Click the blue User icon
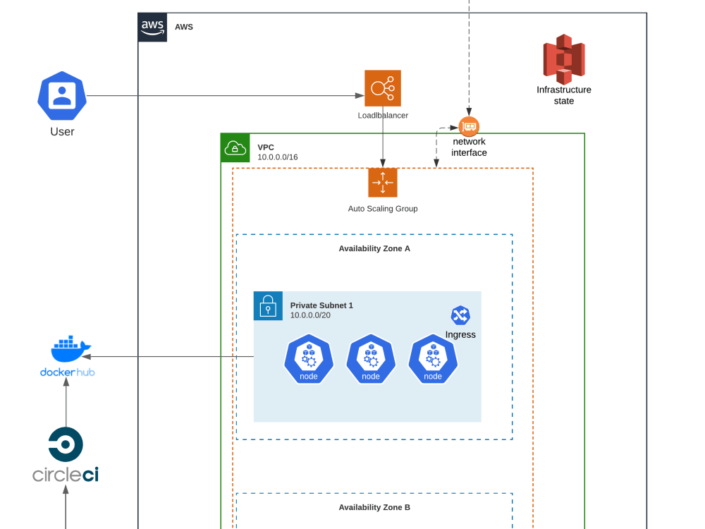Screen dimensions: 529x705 click(62, 96)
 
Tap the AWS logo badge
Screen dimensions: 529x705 click(152, 28)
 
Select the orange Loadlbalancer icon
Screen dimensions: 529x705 click(383, 88)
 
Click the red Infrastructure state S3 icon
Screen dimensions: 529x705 click(563, 59)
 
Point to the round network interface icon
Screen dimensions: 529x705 click(469, 127)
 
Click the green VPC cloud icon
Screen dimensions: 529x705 click(235, 148)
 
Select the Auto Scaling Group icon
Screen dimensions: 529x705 click(383, 183)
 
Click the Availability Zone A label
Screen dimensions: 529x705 click(374, 248)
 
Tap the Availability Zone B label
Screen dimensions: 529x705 click(374, 507)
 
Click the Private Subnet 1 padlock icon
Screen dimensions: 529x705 click(268, 306)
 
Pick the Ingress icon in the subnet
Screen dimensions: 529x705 click(460, 315)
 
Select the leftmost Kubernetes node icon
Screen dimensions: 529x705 click(309, 359)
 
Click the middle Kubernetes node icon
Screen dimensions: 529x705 click(371, 359)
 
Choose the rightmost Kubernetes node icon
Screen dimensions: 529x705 click(433, 359)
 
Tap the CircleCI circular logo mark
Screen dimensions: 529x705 click(66, 445)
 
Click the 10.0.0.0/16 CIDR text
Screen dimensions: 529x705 click(278, 157)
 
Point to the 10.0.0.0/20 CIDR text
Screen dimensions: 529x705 click(310, 315)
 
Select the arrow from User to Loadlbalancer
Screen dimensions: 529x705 click(226, 96)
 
